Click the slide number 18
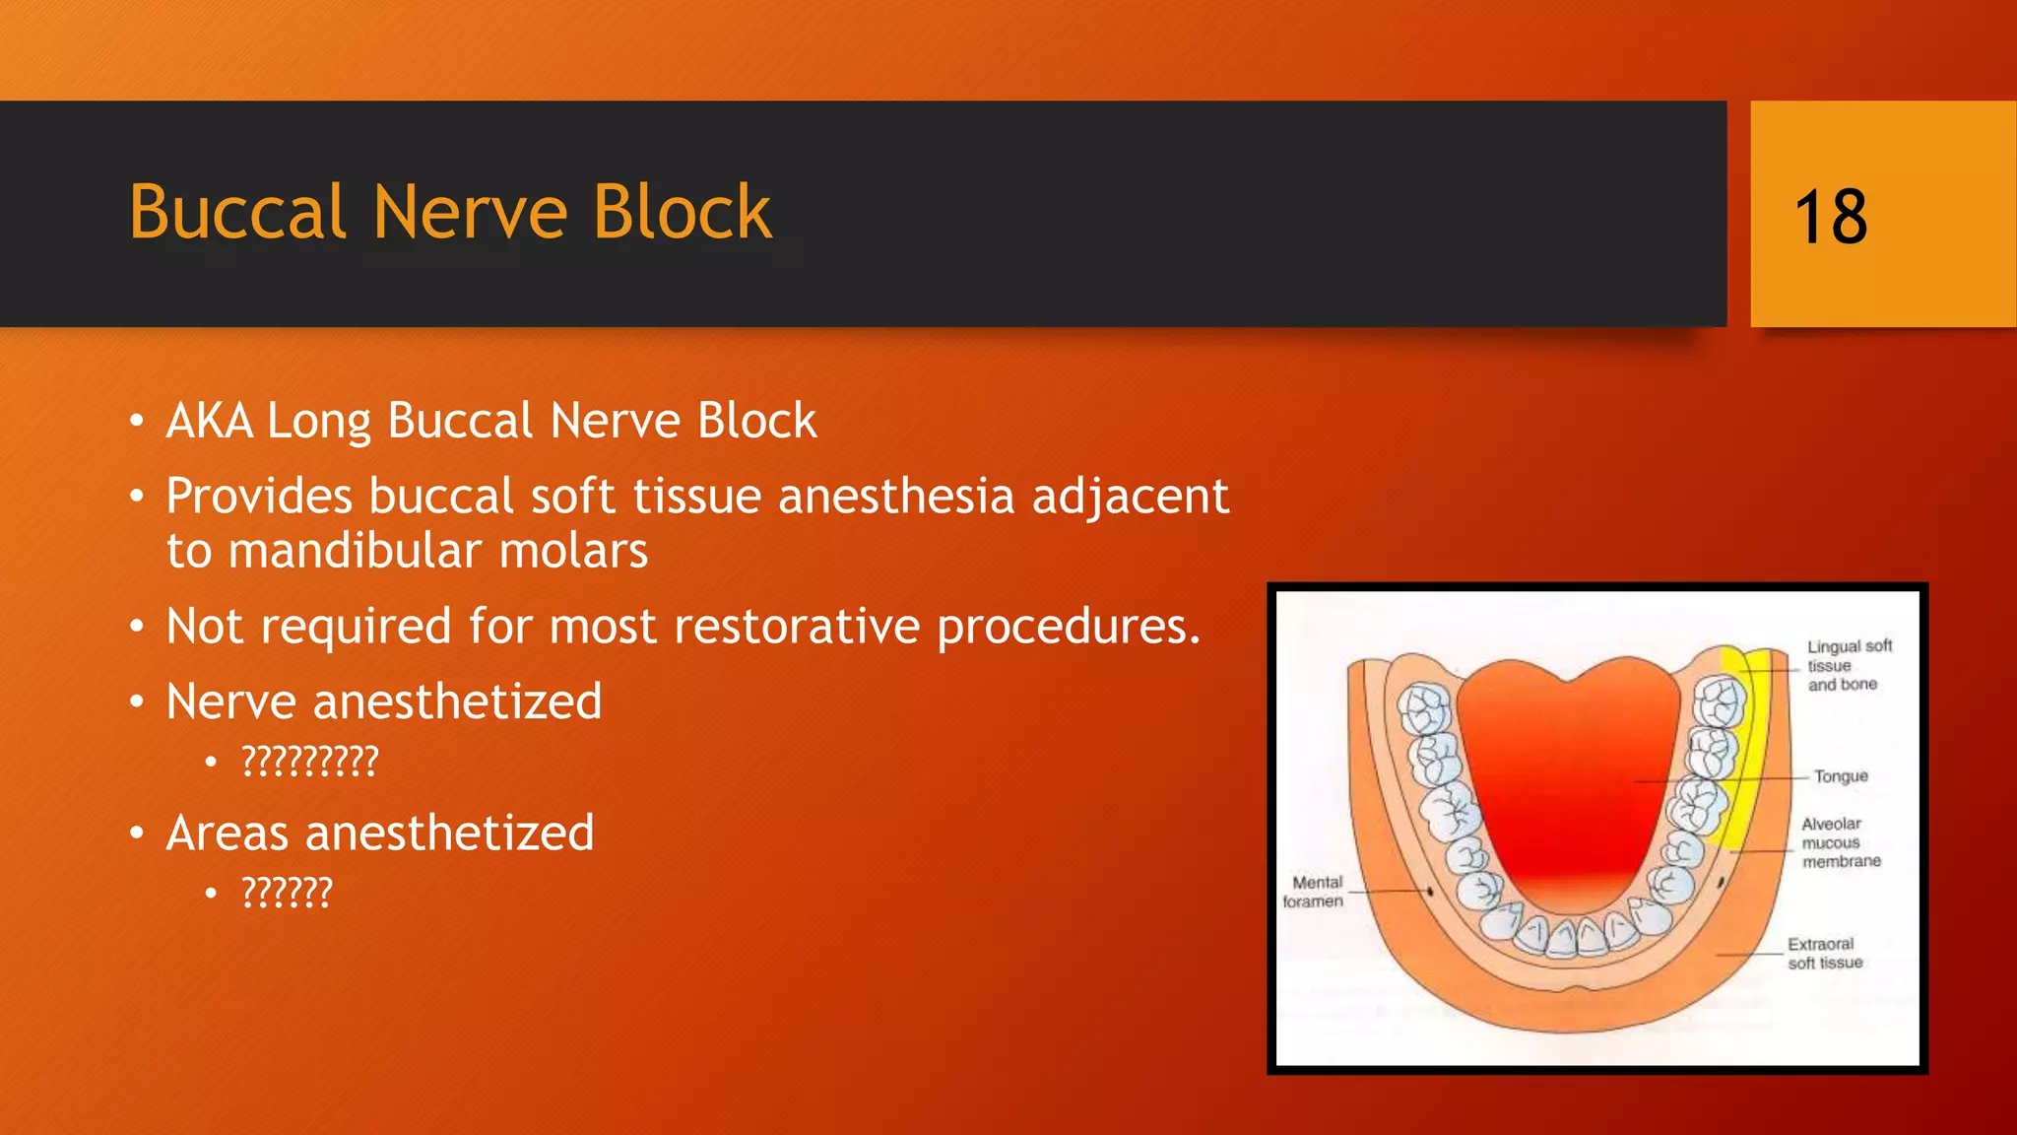coord(1830,217)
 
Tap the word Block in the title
coord(682,213)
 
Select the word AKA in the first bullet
coord(209,422)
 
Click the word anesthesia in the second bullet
coord(895,496)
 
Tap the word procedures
coord(1068,627)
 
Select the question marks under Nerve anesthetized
coord(309,762)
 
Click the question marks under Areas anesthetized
coord(287,893)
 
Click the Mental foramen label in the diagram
coord(1314,892)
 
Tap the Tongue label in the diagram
coord(1840,776)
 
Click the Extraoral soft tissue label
coord(1824,953)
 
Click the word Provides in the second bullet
coord(258,496)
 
